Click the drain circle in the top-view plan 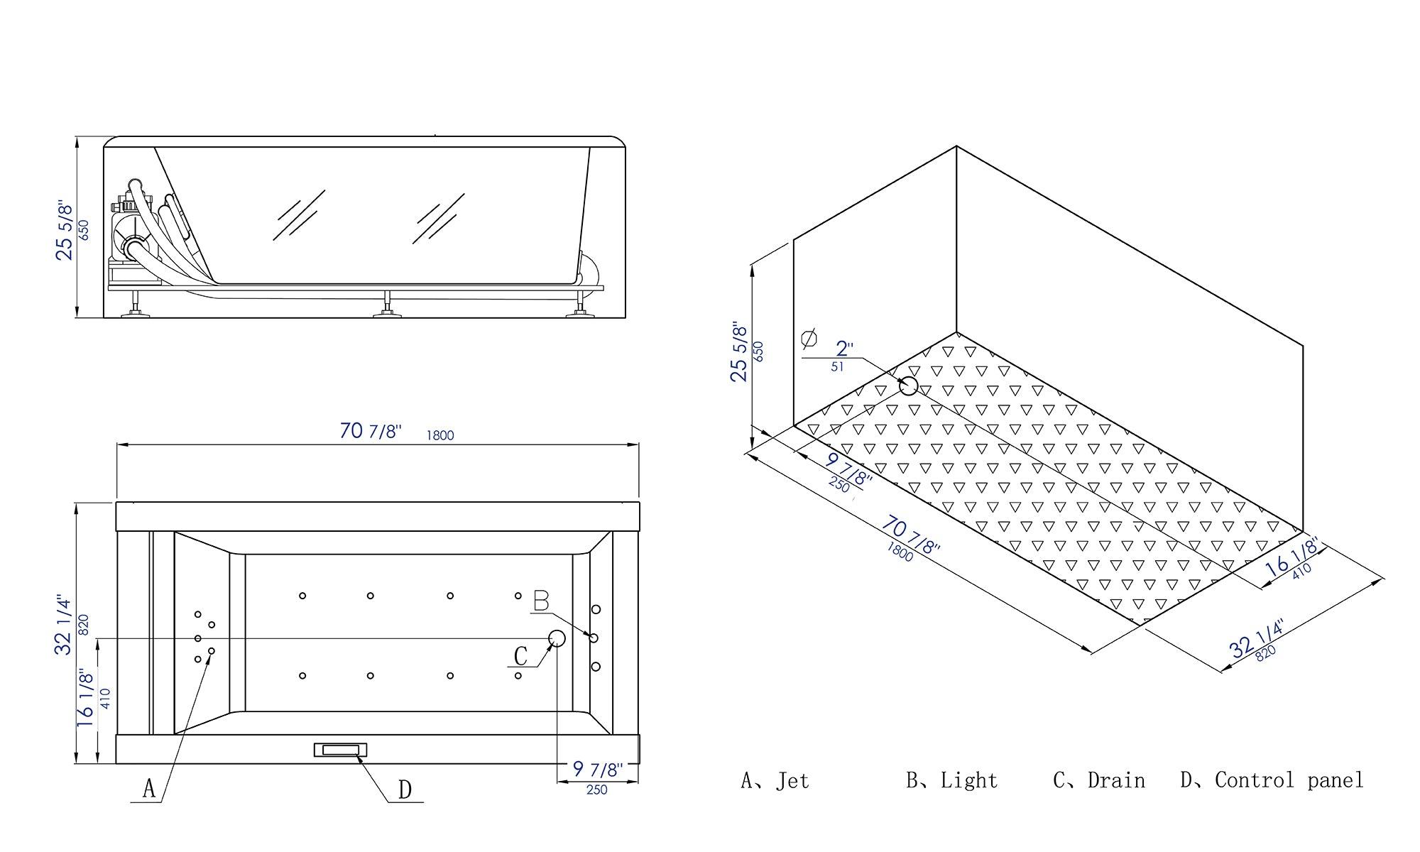pyautogui.click(x=557, y=638)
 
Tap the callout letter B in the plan pyautogui.click(x=541, y=602)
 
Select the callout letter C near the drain pyautogui.click(x=520, y=656)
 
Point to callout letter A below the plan pyautogui.click(x=148, y=788)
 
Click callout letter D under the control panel pyautogui.click(x=405, y=790)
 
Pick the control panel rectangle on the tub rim pyautogui.click(x=341, y=750)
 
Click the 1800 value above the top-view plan pyautogui.click(x=440, y=435)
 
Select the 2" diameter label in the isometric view pyautogui.click(x=844, y=349)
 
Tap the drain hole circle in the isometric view pyautogui.click(x=908, y=386)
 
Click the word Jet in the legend pyautogui.click(x=792, y=781)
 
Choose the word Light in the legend pyautogui.click(x=969, y=781)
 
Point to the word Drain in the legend pyautogui.click(x=1116, y=781)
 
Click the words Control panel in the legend pyautogui.click(x=1289, y=781)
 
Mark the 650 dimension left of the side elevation pyautogui.click(x=84, y=229)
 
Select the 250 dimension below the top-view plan pyautogui.click(x=597, y=790)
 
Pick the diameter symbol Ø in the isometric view pyautogui.click(x=808, y=339)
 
